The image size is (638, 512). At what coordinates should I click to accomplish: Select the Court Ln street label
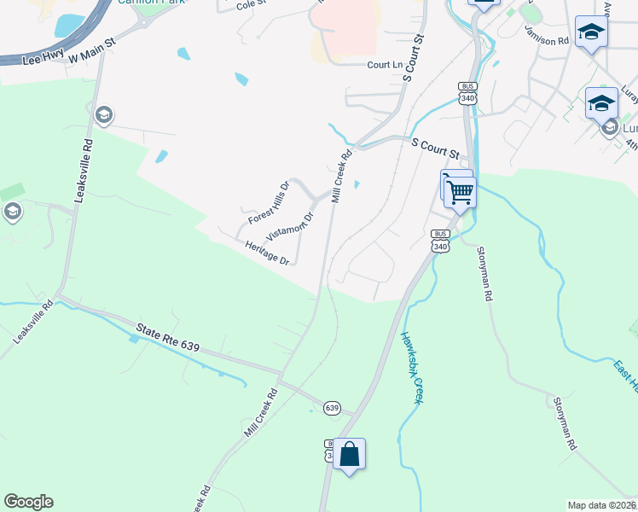(x=385, y=65)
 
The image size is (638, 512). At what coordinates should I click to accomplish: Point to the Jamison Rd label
(x=546, y=40)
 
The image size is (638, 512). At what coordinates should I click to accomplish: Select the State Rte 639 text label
(x=168, y=335)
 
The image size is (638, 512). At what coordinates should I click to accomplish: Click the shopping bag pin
(x=350, y=454)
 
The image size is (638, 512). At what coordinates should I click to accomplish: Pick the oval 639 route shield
(x=332, y=408)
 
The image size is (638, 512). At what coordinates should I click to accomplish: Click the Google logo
(x=28, y=502)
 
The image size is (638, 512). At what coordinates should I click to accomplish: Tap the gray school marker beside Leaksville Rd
(x=104, y=114)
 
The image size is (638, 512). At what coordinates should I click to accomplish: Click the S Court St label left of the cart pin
(x=435, y=149)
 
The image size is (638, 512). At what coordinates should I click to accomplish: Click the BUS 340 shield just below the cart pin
(x=440, y=241)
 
